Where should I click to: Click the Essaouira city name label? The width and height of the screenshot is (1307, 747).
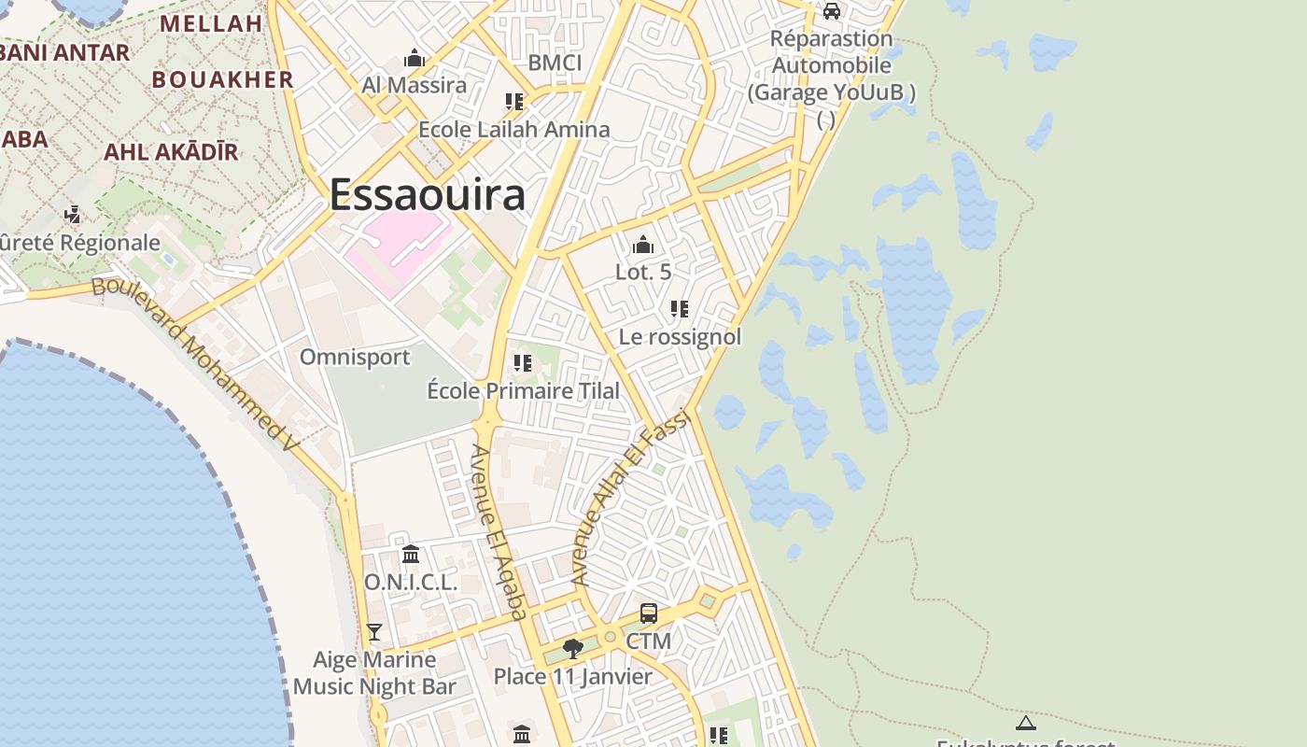pyautogui.click(x=427, y=195)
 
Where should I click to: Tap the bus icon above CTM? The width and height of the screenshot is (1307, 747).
pyautogui.click(x=649, y=613)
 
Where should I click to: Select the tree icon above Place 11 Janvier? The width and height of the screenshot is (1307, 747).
pyautogui.click(x=573, y=648)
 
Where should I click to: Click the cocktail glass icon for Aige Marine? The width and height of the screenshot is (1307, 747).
pyautogui.click(x=374, y=632)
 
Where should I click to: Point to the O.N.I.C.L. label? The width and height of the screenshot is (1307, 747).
pyautogui.click(x=411, y=582)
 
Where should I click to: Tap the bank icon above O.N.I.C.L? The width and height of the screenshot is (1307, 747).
pyautogui.click(x=411, y=555)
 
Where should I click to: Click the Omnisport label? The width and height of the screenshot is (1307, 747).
pyautogui.click(x=355, y=357)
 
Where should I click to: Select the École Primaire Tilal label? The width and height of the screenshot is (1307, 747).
pyautogui.click(x=523, y=390)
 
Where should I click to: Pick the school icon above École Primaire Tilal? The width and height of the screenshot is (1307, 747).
pyautogui.click(x=523, y=362)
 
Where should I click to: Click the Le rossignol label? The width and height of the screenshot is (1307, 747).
pyautogui.click(x=680, y=336)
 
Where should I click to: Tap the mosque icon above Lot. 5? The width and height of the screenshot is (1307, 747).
pyautogui.click(x=643, y=246)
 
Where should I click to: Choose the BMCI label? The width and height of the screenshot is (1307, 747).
pyautogui.click(x=555, y=63)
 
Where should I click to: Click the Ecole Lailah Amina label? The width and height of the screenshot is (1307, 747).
pyautogui.click(x=513, y=129)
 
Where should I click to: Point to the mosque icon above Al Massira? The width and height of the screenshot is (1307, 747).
pyautogui.click(x=415, y=59)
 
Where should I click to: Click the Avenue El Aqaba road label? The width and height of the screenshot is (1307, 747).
pyautogui.click(x=499, y=532)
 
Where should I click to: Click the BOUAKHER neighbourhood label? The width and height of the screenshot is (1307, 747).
pyautogui.click(x=223, y=79)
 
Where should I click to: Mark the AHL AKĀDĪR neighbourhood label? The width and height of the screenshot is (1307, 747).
pyautogui.click(x=171, y=151)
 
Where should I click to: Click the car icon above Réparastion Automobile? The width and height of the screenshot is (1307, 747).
pyautogui.click(x=832, y=11)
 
